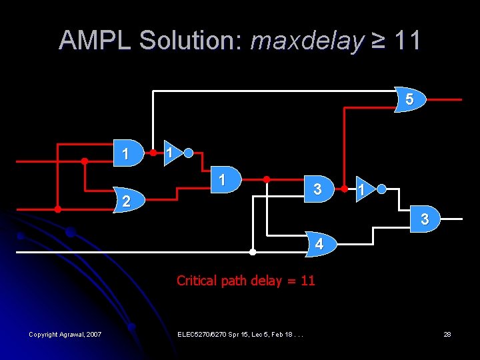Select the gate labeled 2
tap(126, 200)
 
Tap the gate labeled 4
tap(319, 244)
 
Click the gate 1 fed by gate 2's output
tap(223, 179)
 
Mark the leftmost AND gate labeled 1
tap(127, 153)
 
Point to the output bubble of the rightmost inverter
tap(381, 189)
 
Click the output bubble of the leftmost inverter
tap(189, 153)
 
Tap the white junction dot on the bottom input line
tap(252, 252)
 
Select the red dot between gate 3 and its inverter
tap(344, 189)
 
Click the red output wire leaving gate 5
tap(443, 99)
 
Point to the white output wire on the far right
tap(451, 219)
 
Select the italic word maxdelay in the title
tap(307, 41)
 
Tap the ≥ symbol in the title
tap(379, 41)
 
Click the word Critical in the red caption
tap(197, 281)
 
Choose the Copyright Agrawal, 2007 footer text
tap(65, 334)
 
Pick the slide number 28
tap(447, 334)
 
